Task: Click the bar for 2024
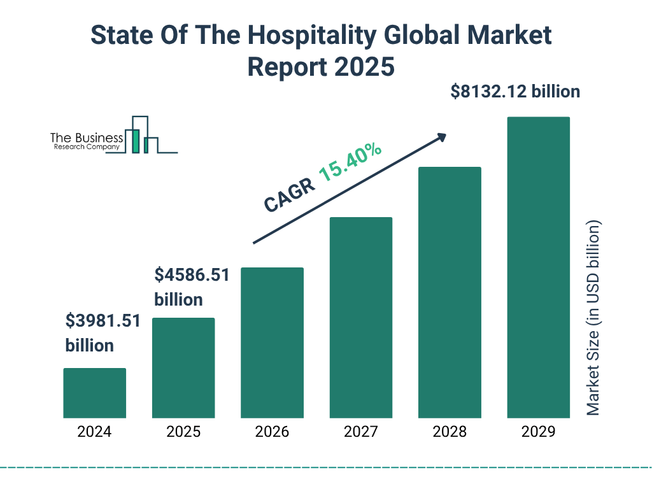tap(94, 393)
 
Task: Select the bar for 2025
tap(183, 367)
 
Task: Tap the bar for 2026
tap(272, 343)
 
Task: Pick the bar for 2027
tap(360, 317)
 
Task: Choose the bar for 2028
tap(450, 292)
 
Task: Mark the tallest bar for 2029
tap(538, 267)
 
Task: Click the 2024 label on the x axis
tap(94, 432)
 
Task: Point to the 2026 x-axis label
tap(272, 432)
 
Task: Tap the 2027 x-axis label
tap(360, 432)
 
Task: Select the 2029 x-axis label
tap(538, 432)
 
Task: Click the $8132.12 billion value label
tap(515, 92)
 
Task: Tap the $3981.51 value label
tap(103, 321)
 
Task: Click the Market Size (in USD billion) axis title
tap(593, 318)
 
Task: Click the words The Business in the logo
tap(87, 138)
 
